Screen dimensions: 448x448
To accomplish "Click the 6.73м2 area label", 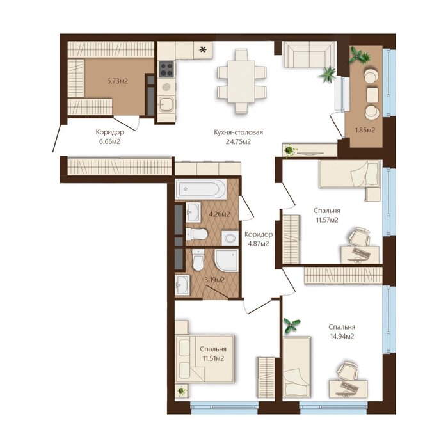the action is (117, 81).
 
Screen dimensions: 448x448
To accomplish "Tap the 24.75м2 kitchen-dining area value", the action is (238, 141).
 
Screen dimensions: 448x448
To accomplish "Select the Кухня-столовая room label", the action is (238, 132).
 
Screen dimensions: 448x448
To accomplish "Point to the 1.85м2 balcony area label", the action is (365, 131).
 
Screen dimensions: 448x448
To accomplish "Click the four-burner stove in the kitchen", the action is (166, 69).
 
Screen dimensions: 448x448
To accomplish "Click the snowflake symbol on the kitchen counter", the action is (203, 50).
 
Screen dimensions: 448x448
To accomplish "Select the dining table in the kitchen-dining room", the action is (241, 81).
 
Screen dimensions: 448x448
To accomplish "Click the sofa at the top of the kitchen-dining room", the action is (309, 54).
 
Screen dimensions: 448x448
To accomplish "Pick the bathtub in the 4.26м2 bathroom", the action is (201, 189).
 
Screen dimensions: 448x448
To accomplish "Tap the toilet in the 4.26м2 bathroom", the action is (196, 234).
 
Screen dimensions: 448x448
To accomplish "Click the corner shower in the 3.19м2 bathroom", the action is (227, 260).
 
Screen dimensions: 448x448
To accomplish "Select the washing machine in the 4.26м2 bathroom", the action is (230, 238).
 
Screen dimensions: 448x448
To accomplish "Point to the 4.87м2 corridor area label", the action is (259, 244).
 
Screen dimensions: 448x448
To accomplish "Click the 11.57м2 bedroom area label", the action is (327, 220).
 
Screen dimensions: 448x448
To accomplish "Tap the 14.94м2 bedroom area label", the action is (342, 337).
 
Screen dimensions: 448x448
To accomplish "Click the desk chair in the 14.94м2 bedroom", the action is (348, 372).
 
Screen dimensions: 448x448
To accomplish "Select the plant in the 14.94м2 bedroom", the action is (291, 325).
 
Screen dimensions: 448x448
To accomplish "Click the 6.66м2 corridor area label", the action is (109, 141).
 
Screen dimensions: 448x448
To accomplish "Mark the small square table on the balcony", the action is (372, 95).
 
